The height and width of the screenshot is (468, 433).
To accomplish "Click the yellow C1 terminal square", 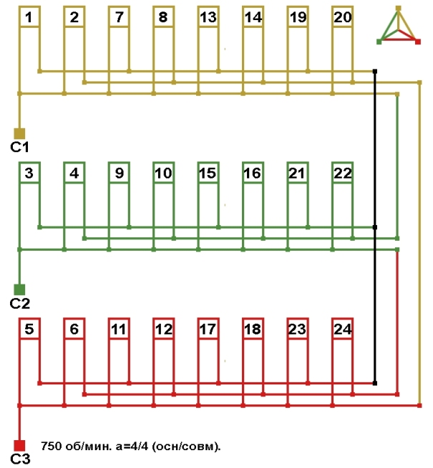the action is point(19,134).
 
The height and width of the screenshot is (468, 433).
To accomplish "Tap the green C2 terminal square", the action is point(19,290).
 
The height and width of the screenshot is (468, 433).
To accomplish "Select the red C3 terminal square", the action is point(19,446).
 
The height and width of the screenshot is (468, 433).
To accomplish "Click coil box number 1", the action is point(29,16).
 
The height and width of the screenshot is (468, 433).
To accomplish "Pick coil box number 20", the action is point(342,16).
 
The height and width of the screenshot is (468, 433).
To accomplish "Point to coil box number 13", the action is point(208,16).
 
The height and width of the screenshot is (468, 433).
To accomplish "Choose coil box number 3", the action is point(29,172).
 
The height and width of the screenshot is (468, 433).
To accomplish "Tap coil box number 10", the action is point(164,172).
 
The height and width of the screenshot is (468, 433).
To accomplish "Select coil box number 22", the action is point(342,172).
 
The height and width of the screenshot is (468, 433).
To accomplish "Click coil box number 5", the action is point(29,329).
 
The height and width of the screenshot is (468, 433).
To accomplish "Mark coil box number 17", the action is point(208,329).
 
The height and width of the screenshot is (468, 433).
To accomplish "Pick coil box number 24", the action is point(342,329).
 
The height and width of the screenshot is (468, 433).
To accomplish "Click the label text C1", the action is point(20,147).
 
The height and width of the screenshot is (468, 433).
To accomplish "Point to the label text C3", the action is point(20,459).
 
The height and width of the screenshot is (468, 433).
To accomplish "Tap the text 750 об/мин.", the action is point(77,447).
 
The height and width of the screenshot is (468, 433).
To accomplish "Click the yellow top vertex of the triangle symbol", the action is point(399,8).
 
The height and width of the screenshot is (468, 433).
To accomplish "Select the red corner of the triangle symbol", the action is point(418,41).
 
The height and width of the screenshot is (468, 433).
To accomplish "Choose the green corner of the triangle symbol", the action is point(379,41).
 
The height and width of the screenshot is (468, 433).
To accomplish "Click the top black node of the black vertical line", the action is point(375,71).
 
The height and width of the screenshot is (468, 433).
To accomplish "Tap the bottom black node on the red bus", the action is point(375,383).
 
